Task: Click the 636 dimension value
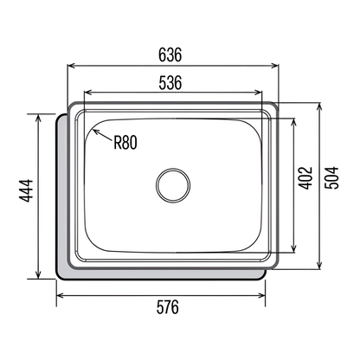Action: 170,55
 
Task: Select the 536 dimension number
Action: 170,82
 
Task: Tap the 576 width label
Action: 168,307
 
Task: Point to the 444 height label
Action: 26,190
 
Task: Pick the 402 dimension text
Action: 305,178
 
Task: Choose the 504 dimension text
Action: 331,177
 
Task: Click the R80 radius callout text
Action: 125,142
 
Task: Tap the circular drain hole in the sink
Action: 173,185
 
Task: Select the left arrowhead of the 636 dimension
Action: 71,66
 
